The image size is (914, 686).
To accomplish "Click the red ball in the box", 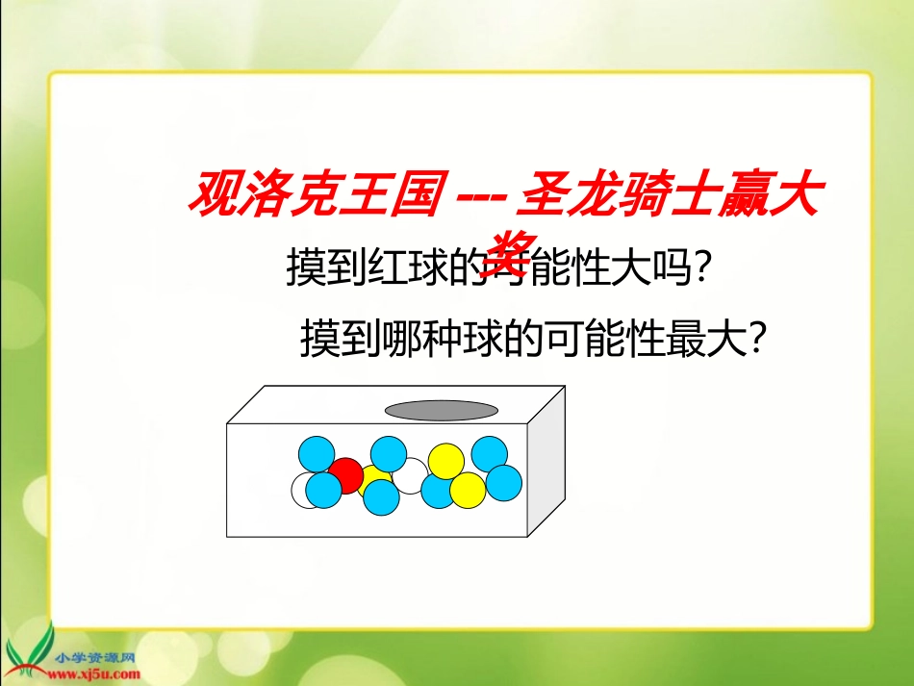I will [x=345, y=474].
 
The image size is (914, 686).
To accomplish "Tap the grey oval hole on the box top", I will [x=442, y=411].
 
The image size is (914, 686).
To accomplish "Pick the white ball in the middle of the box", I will [x=411, y=474].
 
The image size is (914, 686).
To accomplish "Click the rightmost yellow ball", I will [x=468, y=490].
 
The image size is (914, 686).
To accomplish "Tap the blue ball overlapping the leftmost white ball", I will [x=324, y=490].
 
